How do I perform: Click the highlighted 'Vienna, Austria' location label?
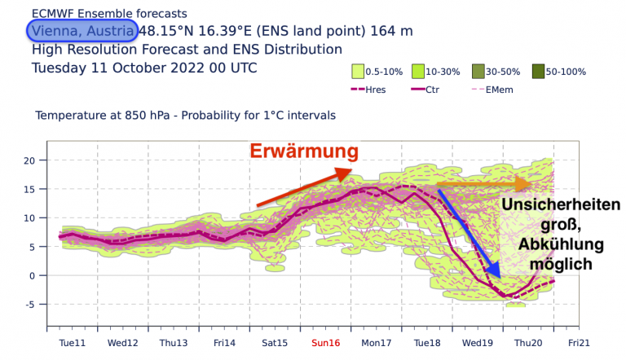[82, 31]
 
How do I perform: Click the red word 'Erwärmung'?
[303, 151]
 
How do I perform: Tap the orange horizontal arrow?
[488, 185]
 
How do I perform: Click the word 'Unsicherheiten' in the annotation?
[561, 206]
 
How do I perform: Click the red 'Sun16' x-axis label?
[324, 343]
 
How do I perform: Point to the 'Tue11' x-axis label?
[73, 343]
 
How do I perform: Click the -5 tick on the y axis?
[31, 305]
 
